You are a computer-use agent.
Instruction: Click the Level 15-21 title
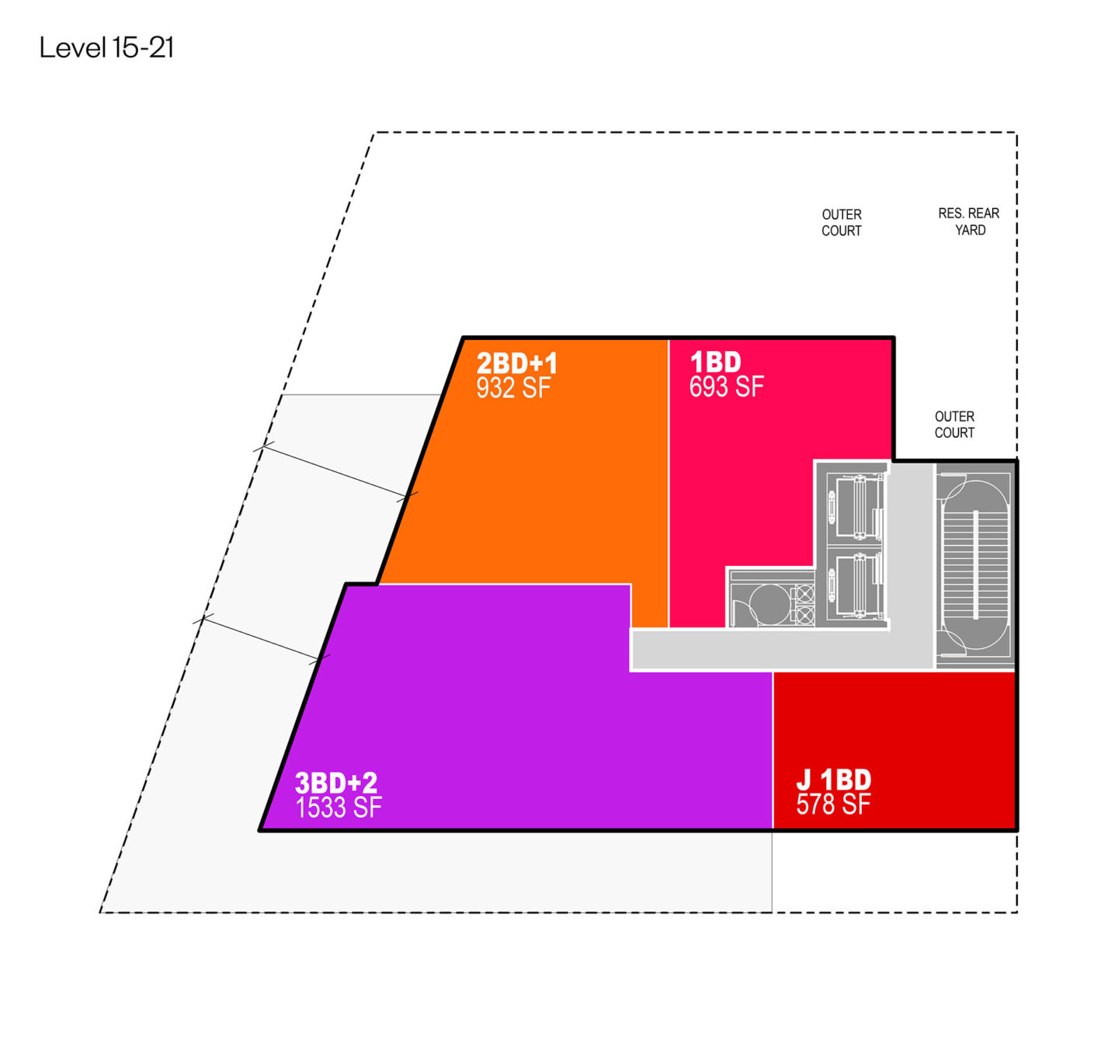(106, 48)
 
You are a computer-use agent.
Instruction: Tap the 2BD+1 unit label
(516, 363)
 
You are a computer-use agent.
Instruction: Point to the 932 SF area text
(513, 388)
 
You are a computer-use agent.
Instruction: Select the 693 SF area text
(726, 387)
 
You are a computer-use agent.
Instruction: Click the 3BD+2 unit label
(336, 783)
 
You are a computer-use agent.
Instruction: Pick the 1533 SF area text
(339, 807)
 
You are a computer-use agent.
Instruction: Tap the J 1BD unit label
(833, 779)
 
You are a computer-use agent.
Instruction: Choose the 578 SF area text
(833, 804)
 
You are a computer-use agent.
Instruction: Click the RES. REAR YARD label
(968, 222)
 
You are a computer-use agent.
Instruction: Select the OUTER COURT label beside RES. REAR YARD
(841, 223)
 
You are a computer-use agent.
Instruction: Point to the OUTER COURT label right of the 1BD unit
(954, 425)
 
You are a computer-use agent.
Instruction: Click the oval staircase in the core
(976, 564)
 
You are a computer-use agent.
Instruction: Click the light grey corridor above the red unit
(783, 649)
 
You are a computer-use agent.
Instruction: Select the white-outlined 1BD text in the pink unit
(715, 362)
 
